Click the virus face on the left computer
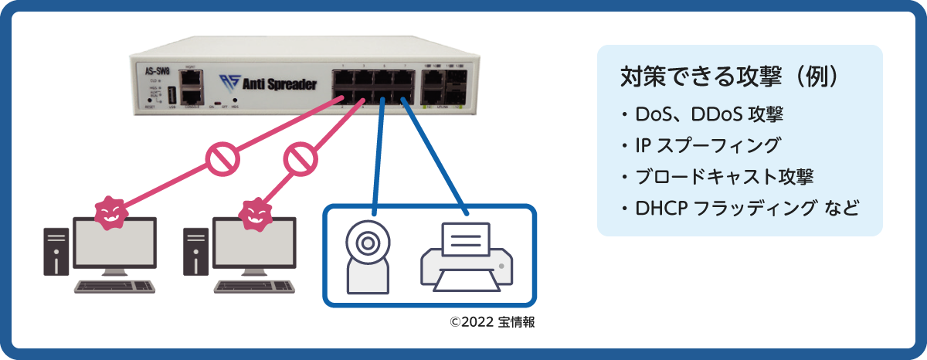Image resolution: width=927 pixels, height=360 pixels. [110, 212]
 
